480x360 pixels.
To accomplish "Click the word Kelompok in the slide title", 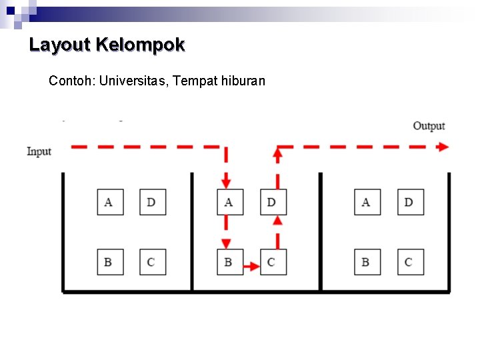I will (140, 45).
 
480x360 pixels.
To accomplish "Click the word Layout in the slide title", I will (59, 45).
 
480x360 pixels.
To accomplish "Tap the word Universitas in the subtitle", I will (132, 81).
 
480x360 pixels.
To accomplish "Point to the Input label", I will (39, 151).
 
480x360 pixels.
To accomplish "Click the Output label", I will (429, 126).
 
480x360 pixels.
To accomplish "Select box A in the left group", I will (109, 202).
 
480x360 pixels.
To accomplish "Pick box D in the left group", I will (152, 202).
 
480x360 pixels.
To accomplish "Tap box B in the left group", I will (109, 262).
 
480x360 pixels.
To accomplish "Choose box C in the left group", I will (152, 262).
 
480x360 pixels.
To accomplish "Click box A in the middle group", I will (229, 202).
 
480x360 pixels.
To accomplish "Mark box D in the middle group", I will (272, 202).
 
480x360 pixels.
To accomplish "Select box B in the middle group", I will (229, 262).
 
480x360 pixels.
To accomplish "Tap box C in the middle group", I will (272, 262).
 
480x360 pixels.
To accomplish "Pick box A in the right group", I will (367, 202).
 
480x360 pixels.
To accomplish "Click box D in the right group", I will (409, 202).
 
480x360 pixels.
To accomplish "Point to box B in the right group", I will (367, 262).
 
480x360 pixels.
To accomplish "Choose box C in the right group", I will (409, 262).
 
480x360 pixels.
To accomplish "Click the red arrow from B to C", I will (251, 267).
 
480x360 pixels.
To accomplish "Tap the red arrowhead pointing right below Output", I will (443, 147).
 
